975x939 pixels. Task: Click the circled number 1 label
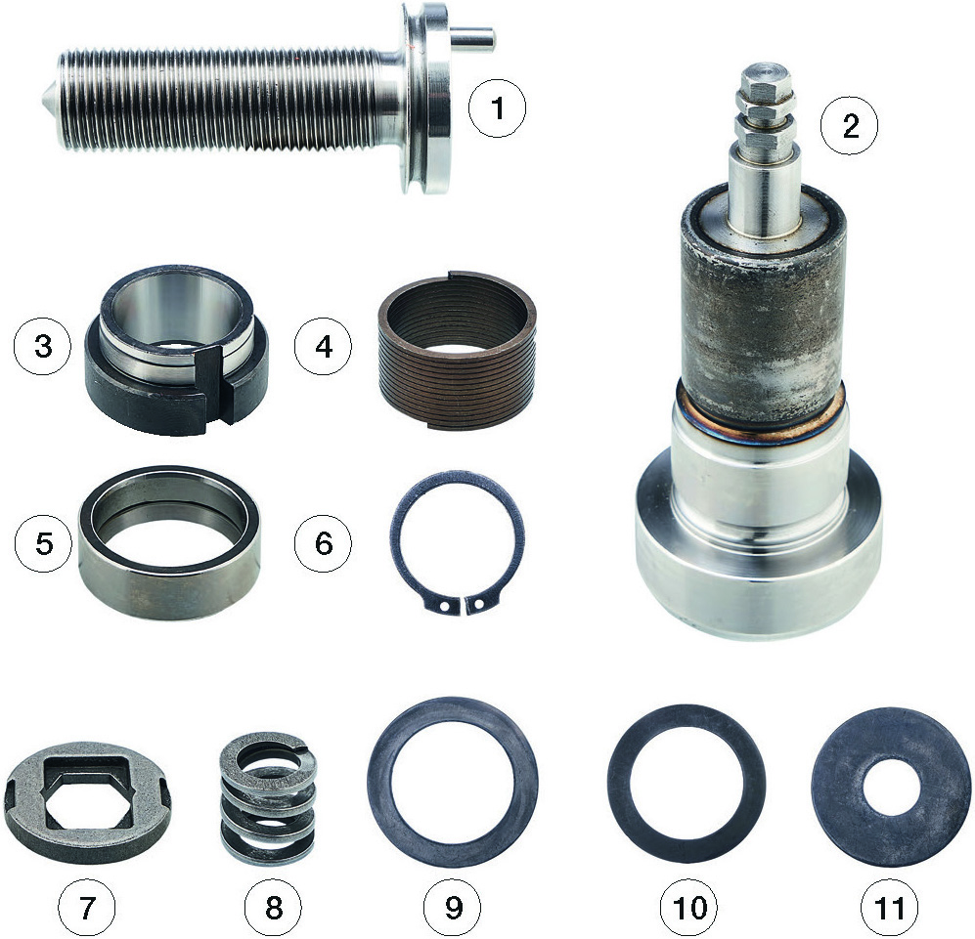coord(497,108)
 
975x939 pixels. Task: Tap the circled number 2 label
coord(850,126)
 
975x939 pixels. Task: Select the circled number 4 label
coord(324,346)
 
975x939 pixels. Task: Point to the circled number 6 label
coord(324,543)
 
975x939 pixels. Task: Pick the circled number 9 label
coord(454,907)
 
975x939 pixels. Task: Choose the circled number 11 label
coord(889,907)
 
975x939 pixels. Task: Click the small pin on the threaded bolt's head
coord(473,40)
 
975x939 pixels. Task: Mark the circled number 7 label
coord(87,907)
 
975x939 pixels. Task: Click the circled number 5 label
coord(44,543)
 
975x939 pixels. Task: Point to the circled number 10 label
coord(690,907)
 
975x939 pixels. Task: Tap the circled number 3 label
coord(44,346)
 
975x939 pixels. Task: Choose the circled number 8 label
coord(273,907)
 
